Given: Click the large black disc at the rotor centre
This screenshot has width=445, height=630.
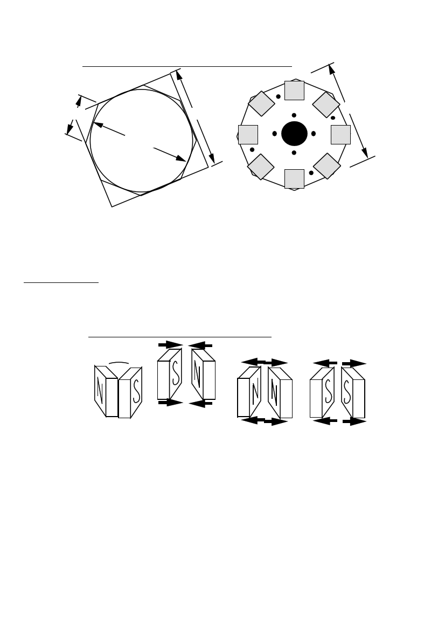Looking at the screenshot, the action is coord(294,134).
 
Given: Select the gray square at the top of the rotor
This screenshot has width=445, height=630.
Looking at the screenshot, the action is coord(294,91).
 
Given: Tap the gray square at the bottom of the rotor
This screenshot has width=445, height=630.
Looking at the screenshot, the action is coord(294,179).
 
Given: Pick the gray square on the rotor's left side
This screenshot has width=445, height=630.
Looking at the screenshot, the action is coord(248,135).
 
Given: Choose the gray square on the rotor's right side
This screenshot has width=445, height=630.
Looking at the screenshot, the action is coord(340,135).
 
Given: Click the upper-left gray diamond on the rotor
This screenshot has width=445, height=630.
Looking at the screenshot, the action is coord(261,103).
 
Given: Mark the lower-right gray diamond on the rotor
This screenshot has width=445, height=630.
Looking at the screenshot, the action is coord(327,166).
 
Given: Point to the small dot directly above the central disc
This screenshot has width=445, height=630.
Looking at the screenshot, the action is coord(294,115).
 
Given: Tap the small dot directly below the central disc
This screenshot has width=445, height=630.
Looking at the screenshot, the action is coord(294,153).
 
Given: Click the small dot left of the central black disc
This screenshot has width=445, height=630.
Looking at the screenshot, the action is coord(275,134).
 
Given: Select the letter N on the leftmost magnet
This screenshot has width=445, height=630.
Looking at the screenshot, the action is coord(100,390).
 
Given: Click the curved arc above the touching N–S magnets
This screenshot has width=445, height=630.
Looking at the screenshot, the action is coord(119,363).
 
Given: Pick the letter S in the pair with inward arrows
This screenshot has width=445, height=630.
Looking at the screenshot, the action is coord(176,373).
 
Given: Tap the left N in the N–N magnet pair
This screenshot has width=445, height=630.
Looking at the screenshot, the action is coord(255,392).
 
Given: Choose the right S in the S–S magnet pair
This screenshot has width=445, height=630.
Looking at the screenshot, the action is coord(347,392).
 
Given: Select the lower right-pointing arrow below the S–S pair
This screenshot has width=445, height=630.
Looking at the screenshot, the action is coord(354,421).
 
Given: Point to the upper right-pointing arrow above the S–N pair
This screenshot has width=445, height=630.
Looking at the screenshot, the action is coord(170,345).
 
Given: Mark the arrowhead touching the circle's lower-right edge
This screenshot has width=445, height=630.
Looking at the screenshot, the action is coord(180,158).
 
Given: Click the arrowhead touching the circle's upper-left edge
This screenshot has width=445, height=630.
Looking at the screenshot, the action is coord(99,124).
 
